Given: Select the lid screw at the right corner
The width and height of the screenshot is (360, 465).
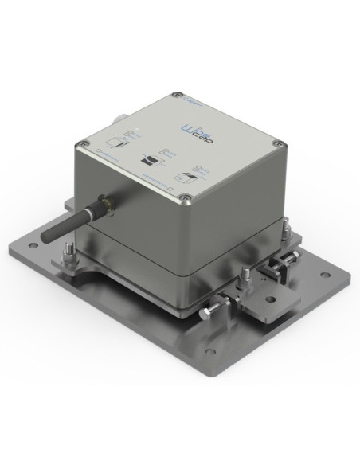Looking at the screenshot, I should click(x=276, y=144).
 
